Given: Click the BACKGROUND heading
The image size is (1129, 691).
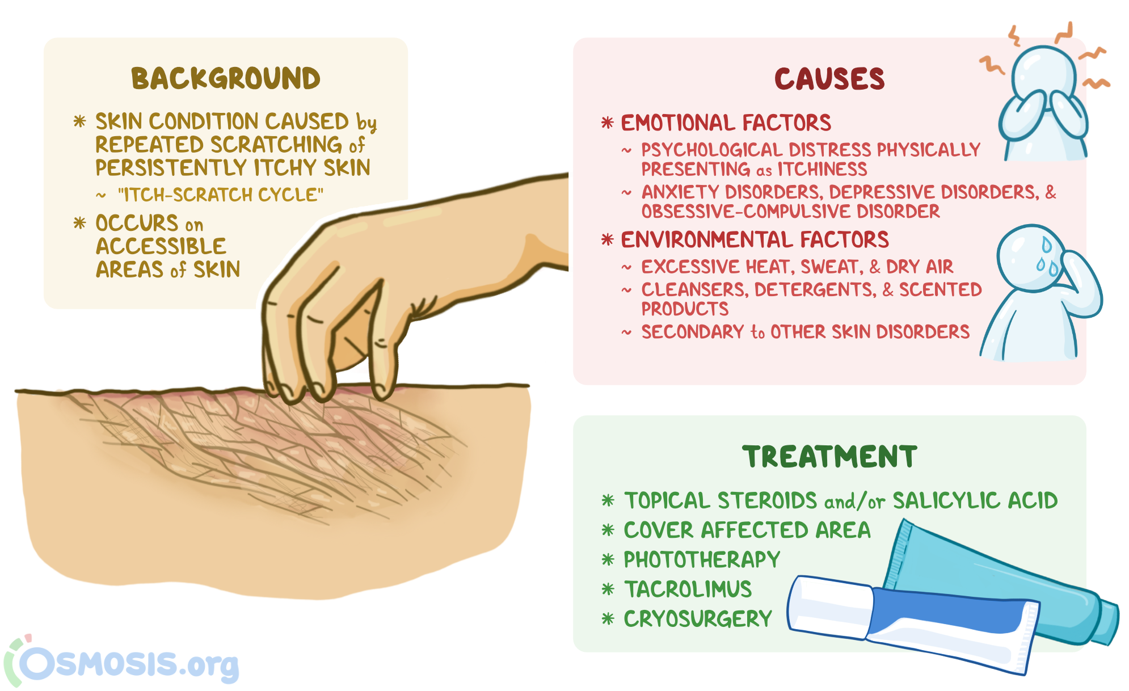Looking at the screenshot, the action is tap(226, 78).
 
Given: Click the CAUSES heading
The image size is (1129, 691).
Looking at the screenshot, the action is tap(829, 79).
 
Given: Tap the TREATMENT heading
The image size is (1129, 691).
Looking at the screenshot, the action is tap(829, 457).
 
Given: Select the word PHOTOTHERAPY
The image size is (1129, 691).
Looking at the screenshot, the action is tap(702, 560).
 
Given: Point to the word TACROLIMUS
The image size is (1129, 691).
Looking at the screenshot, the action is tap(688, 589).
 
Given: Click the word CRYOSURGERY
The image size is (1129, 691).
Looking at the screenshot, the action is tap(698, 619).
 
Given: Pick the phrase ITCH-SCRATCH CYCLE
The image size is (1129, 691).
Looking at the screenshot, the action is tap(221, 195).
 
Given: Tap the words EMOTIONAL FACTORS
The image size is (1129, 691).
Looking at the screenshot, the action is tap(726, 123).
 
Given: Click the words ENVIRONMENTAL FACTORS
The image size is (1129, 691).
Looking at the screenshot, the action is tap(755, 240).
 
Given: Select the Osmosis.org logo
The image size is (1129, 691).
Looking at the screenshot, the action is tap(122, 661).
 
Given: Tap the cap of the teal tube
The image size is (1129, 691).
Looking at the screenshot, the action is tap(1106, 621).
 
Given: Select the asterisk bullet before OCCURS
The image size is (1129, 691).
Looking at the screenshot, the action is tap(79, 223).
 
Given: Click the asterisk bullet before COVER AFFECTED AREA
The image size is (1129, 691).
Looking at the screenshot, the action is tap(608, 530).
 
